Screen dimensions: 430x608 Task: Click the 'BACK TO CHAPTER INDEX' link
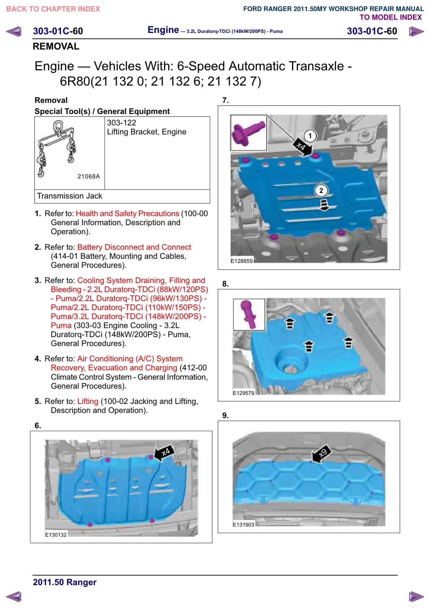coord(53,9)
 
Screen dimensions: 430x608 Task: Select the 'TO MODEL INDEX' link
coord(391,17)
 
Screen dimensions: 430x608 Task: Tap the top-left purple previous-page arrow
coord(14,32)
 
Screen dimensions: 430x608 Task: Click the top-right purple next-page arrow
coord(416,32)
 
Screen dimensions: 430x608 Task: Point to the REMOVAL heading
coord(56,46)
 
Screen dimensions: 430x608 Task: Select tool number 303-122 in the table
coord(122,123)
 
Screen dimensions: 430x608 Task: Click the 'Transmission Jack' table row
coord(122,196)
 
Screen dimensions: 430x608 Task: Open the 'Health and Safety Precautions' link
coord(128,213)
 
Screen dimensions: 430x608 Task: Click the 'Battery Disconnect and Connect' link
coord(134,247)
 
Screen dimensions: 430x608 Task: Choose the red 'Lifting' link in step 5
coord(88,401)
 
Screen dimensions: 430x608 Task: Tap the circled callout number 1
coord(310,136)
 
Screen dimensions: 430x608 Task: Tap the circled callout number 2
coord(321,190)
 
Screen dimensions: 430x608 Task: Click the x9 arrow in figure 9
coord(321,454)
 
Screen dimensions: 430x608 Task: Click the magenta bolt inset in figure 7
coord(249,133)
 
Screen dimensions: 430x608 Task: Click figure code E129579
coord(243,393)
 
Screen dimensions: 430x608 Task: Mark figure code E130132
coord(56,535)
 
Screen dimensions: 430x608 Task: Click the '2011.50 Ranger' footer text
coord(65,582)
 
